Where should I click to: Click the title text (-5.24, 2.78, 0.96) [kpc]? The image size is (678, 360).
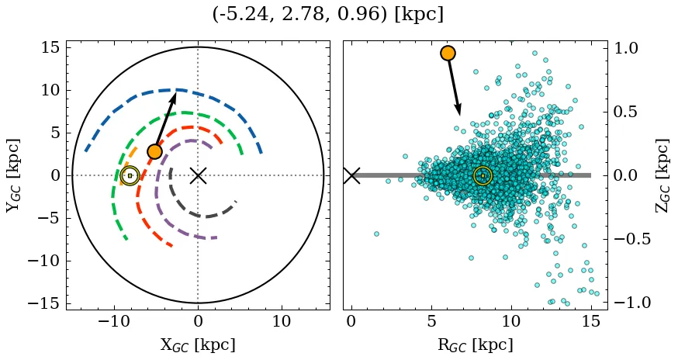click(x=327, y=15)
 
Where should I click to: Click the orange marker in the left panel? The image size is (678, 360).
click(x=154, y=151)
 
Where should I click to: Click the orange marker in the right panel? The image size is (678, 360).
click(x=448, y=53)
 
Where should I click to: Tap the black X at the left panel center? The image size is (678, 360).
click(x=198, y=175)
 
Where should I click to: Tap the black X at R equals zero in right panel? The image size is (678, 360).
click(x=351, y=175)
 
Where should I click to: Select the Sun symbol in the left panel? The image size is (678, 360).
click(x=130, y=175)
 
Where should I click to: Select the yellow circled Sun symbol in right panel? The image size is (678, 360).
click(x=483, y=175)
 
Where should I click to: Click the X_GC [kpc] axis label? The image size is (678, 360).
click(x=198, y=344)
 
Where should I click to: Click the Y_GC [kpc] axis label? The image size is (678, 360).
click(x=13, y=175)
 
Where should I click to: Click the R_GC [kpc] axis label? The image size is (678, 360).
click(x=475, y=344)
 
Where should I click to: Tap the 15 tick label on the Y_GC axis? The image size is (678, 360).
click(x=50, y=48)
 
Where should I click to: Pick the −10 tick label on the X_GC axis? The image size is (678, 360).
click(x=114, y=320)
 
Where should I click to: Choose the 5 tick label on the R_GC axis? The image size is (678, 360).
click(x=431, y=320)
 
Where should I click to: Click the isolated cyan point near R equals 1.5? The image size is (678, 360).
click(x=376, y=233)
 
